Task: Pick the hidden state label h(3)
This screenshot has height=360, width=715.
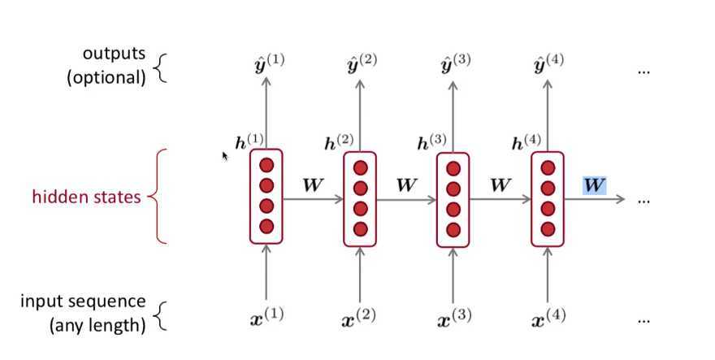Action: coord(435,142)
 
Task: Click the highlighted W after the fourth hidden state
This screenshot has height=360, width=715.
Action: coord(595,184)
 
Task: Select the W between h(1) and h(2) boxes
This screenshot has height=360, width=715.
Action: coord(314,184)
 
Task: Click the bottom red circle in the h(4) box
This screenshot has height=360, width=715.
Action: coord(548,228)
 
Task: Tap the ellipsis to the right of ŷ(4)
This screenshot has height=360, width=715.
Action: coord(643,71)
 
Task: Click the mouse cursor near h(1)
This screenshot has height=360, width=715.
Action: coord(226,155)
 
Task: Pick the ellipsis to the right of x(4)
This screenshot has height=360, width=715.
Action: coord(643,320)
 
